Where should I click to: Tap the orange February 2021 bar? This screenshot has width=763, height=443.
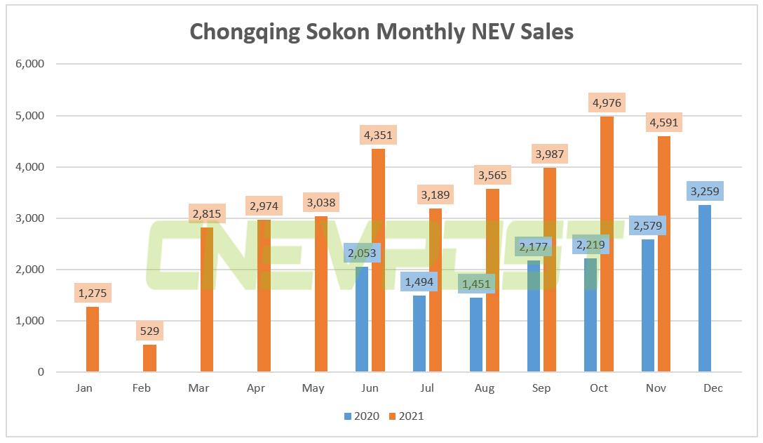coord(149,358)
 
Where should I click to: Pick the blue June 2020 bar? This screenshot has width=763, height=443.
coord(362,319)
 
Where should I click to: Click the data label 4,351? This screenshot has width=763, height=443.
coord(378,134)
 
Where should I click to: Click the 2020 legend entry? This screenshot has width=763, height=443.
coord(362,416)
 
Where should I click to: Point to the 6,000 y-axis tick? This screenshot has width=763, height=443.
coord(30,64)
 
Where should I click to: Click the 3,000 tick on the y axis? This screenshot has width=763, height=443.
coord(30,218)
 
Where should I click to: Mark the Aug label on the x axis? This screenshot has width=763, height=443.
coord(484,388)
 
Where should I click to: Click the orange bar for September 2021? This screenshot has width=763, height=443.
coord(550,270)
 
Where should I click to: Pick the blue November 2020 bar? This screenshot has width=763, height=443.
coord(648,305)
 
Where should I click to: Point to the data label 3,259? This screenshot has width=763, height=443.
coord(705,190)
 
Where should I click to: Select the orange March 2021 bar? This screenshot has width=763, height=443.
coord(207,300)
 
